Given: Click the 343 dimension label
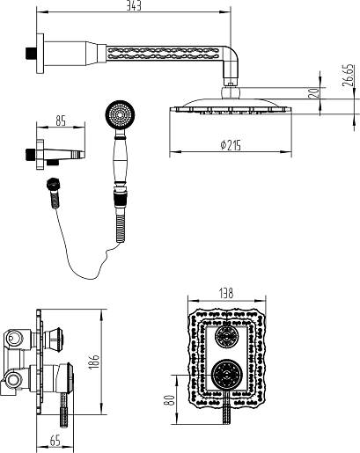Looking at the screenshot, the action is click(134, 6).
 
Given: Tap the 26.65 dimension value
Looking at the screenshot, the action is click(348, 76).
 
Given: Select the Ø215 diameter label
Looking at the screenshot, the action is click(231, 145).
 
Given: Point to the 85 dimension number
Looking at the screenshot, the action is click(61, 121).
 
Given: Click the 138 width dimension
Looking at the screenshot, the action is click(226, 294).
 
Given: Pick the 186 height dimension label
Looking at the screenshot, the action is click(94, 362).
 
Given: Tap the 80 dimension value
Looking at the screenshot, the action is click(170, 400).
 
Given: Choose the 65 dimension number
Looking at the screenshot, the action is click(55, 441).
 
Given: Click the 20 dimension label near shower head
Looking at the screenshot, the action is click(314, 93).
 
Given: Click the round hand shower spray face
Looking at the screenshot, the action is click(121, 115).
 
